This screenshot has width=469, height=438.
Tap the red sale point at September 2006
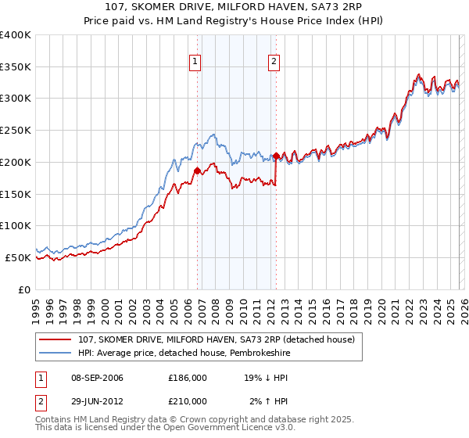tap(197, 171)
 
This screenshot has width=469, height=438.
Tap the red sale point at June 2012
tap(277, 156)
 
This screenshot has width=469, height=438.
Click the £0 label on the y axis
tap(23, 289)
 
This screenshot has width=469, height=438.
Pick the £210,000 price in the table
tap(188, 401)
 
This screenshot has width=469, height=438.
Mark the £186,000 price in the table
tap(188, 377)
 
